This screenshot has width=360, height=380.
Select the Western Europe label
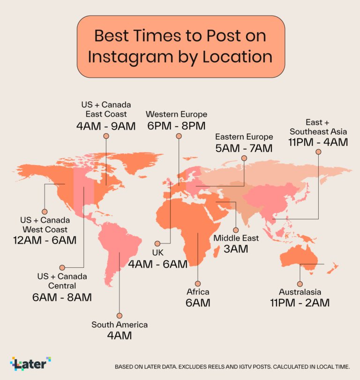point(176,114)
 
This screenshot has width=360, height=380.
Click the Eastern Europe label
point(244,137)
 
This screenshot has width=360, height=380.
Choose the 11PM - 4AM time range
point(318,142)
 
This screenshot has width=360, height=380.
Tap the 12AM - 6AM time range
point(45,240)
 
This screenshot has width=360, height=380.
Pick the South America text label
point(120,325)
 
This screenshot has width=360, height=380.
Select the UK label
point(157,253)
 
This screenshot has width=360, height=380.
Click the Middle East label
point(236,238)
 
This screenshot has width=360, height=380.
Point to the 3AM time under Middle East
point(236,249)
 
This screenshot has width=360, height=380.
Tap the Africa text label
point(198,292)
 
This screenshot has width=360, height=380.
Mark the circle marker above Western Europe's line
point(179,136)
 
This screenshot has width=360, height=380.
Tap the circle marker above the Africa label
point(198,284)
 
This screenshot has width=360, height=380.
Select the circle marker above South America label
point(120,316)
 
